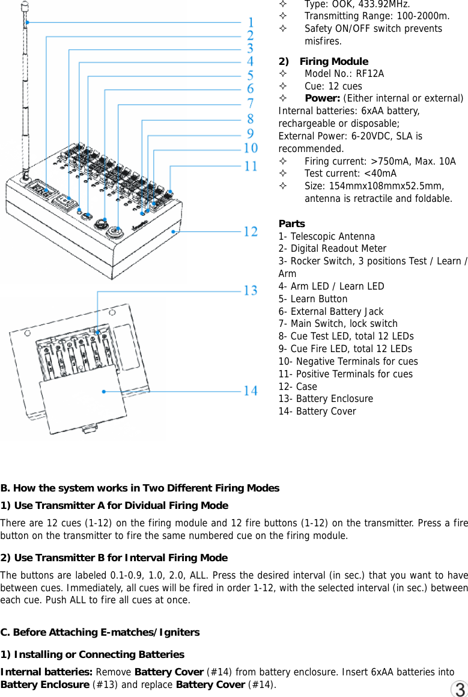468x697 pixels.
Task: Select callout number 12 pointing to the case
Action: coord(250,231)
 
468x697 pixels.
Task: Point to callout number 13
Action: coord(250,291)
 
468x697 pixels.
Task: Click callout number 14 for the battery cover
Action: coord(250,391)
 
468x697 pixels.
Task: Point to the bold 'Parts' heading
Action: coord(291,224)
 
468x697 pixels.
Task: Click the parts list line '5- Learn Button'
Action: coord(312,299)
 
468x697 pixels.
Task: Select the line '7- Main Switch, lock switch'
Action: coord(338,324)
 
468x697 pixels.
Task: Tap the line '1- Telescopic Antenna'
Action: coord(326,236)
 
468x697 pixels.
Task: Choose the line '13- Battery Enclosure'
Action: coord(325,398)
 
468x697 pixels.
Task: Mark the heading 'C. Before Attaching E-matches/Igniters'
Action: coord(100,632)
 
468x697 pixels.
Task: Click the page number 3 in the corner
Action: coord(460,689)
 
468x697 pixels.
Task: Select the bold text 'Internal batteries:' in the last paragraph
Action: coord(47,672)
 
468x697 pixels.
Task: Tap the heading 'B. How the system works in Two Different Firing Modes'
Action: coord(140,488)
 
